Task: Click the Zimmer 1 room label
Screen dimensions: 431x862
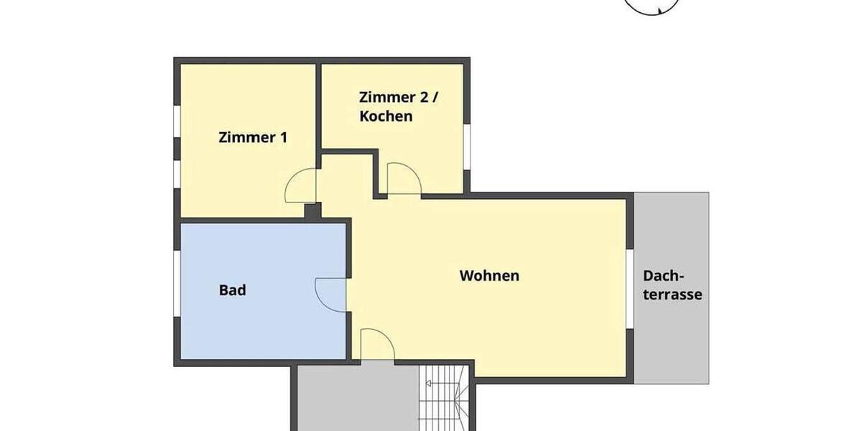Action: click(252, 137)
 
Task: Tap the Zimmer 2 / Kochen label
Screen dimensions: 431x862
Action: click(398, 106)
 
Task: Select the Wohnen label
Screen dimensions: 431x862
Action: click(489, 275)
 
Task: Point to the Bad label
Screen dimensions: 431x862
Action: click(232, 290)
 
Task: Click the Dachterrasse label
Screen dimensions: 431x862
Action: click(672, 285)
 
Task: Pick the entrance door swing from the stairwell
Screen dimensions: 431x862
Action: click(376, 344)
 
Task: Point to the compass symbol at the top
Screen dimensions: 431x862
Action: click(652, 6)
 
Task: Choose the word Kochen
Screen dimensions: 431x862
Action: click(386, 116)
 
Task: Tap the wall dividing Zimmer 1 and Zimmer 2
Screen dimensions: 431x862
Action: click(318, 108)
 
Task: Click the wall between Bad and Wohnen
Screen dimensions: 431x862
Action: click(348, 251)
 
